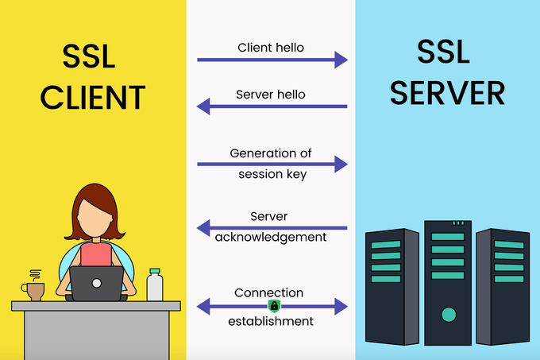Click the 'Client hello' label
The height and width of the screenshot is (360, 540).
pos(271,48)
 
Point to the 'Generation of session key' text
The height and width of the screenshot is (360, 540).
pos(271,163)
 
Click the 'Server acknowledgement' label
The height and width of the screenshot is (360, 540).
pos(271,226)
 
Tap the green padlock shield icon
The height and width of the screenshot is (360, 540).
pos(274,306)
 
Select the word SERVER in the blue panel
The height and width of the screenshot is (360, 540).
pos(449,93)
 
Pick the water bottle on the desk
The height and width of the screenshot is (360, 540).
pos(155,285)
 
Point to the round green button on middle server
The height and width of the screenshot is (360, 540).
pos(449,315)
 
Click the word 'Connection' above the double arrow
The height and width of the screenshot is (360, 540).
pos(268,293)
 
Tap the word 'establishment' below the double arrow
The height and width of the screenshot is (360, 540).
pos(271,321)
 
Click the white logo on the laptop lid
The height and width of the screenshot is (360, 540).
pos(97,282)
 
